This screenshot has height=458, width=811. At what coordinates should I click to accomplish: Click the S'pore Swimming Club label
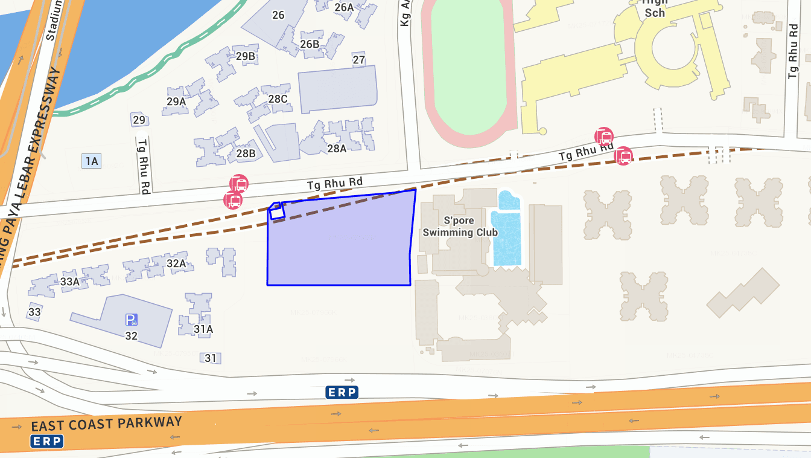coord(460,227)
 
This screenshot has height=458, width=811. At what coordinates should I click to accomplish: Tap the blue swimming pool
coord(507,236)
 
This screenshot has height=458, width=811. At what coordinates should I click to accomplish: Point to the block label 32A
coord(176,263)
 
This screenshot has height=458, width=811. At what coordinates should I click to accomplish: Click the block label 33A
coord(70,282)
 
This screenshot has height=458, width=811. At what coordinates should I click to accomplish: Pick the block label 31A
coord(203,329)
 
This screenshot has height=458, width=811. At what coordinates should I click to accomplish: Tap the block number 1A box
coord(92,161)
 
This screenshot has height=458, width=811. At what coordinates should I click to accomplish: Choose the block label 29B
coord(246,57)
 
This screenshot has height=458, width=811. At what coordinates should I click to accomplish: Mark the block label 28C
coord(278,98)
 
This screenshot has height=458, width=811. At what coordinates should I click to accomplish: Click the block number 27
coord(359,60)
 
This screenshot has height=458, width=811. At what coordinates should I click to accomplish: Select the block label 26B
coord(310,44)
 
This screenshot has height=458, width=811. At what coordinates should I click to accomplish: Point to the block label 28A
coord(337,149)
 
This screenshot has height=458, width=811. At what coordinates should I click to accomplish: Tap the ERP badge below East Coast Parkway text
coord(46,441)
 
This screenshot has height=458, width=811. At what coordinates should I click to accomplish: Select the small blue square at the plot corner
coord(277,211)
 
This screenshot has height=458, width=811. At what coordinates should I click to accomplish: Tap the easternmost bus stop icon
coord(623,156)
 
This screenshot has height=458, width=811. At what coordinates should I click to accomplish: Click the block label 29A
coord(176,102)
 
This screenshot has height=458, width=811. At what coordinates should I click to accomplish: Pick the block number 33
coord(34,312)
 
